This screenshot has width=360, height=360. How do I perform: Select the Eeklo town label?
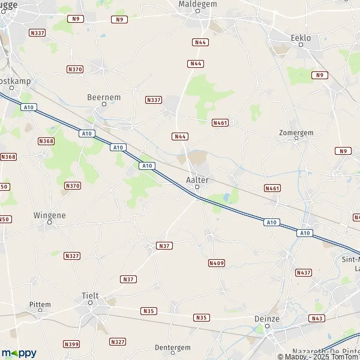tap(301, 38)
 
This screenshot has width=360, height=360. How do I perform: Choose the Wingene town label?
tap(49, 215)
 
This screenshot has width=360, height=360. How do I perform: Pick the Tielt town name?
tap(90, 296)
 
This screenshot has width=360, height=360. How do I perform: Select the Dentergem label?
tap(172, 347)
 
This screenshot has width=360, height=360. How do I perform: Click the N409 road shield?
tap(216, 263)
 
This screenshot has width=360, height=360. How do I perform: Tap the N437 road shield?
tap(304, 272)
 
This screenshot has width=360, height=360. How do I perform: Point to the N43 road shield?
tap(318, 318)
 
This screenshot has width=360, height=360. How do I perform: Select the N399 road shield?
tap(71, 344)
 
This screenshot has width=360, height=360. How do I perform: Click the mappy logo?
tap(19, 353)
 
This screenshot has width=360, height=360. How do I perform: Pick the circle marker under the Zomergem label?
tap(296, 138)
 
